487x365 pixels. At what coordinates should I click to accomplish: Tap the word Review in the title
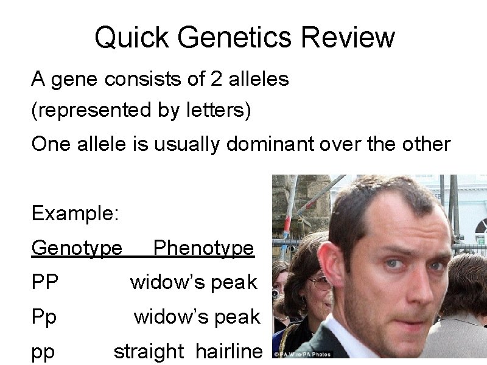(349, 38)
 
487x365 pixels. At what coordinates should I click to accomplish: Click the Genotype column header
(77, 248)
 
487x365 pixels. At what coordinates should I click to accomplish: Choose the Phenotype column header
(203, 248)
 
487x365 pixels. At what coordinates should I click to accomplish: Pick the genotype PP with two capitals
(45, 282)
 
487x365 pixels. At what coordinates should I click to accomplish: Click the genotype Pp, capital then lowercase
(44, 317)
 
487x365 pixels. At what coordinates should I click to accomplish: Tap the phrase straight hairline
(188, 351)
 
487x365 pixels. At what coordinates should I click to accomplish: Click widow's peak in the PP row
(194, 282)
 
